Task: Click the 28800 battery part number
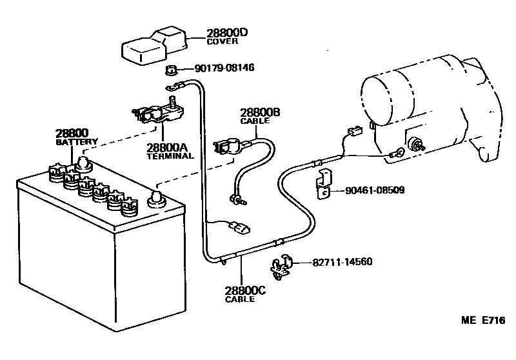[x=72, y=132]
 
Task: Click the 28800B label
[x=260, y=112]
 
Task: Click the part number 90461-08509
[x=376, y=191]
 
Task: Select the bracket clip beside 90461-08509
[x=324, y=184]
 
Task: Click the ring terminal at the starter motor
[x=397, y=153]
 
